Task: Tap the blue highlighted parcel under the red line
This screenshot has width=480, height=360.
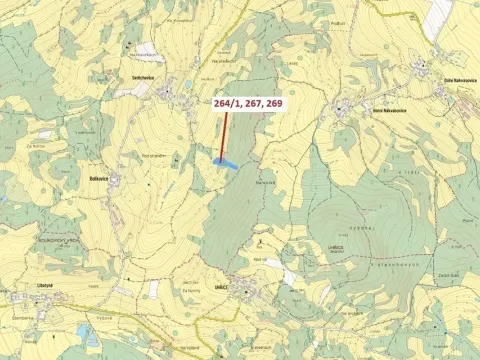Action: tap(227, 161)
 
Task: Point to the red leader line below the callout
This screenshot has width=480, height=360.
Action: tap(224, 135)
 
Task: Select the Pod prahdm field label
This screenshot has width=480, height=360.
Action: tap(152, 155)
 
